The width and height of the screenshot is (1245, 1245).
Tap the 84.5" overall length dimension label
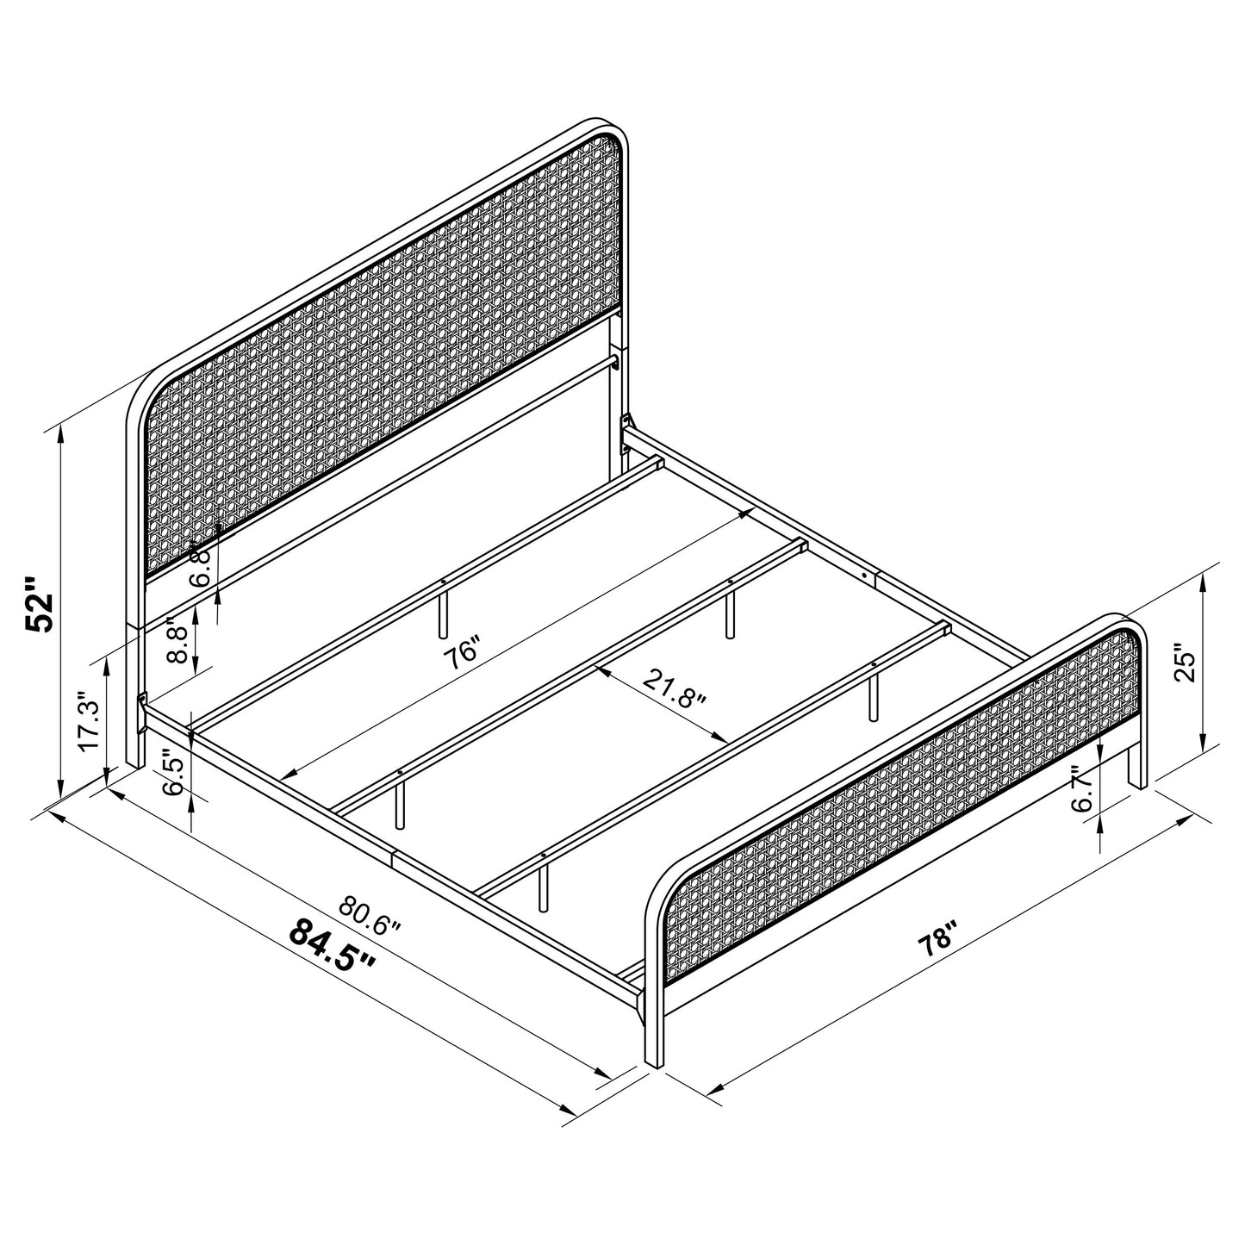click(333, 946)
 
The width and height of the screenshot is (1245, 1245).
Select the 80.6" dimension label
click(370, 917)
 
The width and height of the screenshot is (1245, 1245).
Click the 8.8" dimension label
click(177, 640)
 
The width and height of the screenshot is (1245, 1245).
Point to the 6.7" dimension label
click(1083, 789)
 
